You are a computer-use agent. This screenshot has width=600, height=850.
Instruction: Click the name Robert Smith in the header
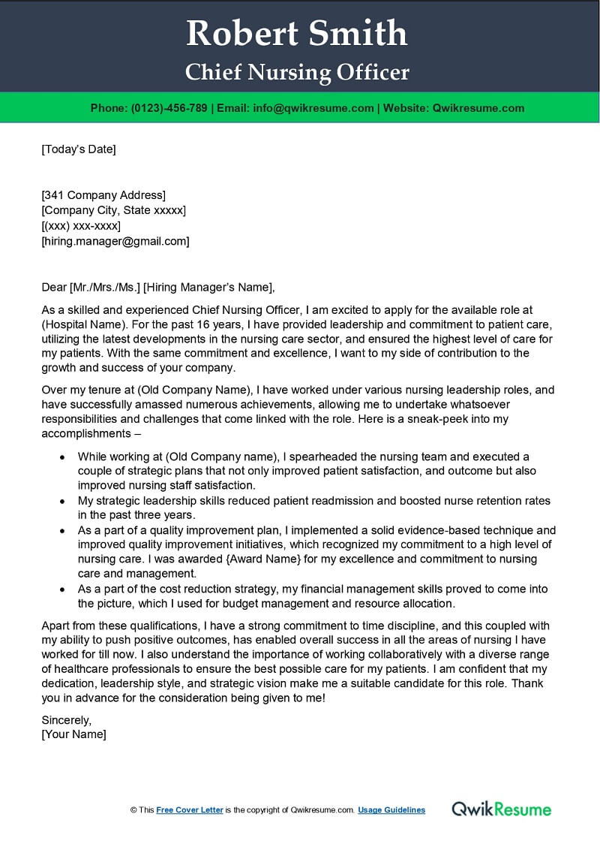(x=297, y=33)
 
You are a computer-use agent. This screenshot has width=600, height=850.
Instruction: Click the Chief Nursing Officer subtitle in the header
(x=298, y=72)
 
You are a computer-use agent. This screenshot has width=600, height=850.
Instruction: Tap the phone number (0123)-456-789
(x=169, y=108)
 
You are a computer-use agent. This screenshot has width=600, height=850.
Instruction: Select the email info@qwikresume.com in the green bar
(x=314, y=108)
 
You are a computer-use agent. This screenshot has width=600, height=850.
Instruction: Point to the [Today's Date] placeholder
(x=79, y=149)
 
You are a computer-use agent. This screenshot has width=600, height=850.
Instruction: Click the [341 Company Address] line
(x=103, y=195)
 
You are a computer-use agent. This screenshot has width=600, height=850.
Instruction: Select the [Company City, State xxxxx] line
(x=113, y=210)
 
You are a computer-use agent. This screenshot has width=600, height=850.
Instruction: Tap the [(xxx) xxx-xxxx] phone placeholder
(x=81, y=226)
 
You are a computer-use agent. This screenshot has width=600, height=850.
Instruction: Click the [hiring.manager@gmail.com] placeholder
(x=115, y=241)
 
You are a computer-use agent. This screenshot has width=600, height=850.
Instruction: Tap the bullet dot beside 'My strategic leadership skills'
(x=63, y=501)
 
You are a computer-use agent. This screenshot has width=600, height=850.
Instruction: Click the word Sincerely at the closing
(x=67, y=720)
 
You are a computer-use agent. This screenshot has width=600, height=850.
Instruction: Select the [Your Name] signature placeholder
(x=73, y=734)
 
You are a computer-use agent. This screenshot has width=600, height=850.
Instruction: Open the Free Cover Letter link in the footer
(x=190, y=810)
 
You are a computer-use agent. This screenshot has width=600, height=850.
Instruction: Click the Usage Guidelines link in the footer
(x=391, y=810)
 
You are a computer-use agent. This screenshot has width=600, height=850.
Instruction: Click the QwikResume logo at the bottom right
(x=501, y=809)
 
